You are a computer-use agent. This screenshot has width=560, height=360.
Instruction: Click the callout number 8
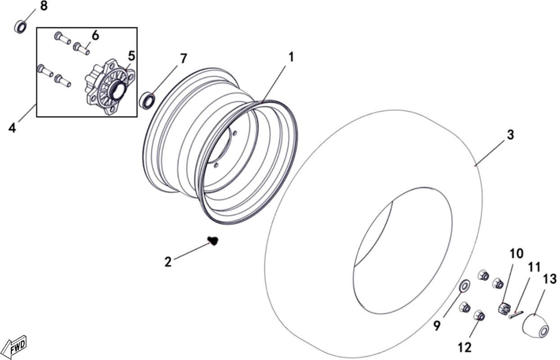(44, 6)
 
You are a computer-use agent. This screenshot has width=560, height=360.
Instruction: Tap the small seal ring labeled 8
(21, 27)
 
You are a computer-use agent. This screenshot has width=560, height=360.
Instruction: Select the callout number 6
(95, 36)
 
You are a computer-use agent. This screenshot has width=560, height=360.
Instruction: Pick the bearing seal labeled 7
(147, 101)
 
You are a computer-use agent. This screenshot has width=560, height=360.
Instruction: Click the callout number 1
(291, 57)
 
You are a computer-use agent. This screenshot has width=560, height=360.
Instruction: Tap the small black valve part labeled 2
(213, 241)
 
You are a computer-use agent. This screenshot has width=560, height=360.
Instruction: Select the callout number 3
(510, 135)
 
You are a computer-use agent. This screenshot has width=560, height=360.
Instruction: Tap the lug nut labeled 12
(479, 315)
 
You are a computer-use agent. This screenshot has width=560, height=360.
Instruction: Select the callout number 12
(465, 347)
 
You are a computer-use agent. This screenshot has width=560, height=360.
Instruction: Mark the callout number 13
(550, 279)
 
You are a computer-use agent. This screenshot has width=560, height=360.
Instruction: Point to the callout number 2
(168, 262)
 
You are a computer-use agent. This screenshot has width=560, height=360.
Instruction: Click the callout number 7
(183, 59)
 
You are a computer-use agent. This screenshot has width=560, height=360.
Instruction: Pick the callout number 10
(516, 253)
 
